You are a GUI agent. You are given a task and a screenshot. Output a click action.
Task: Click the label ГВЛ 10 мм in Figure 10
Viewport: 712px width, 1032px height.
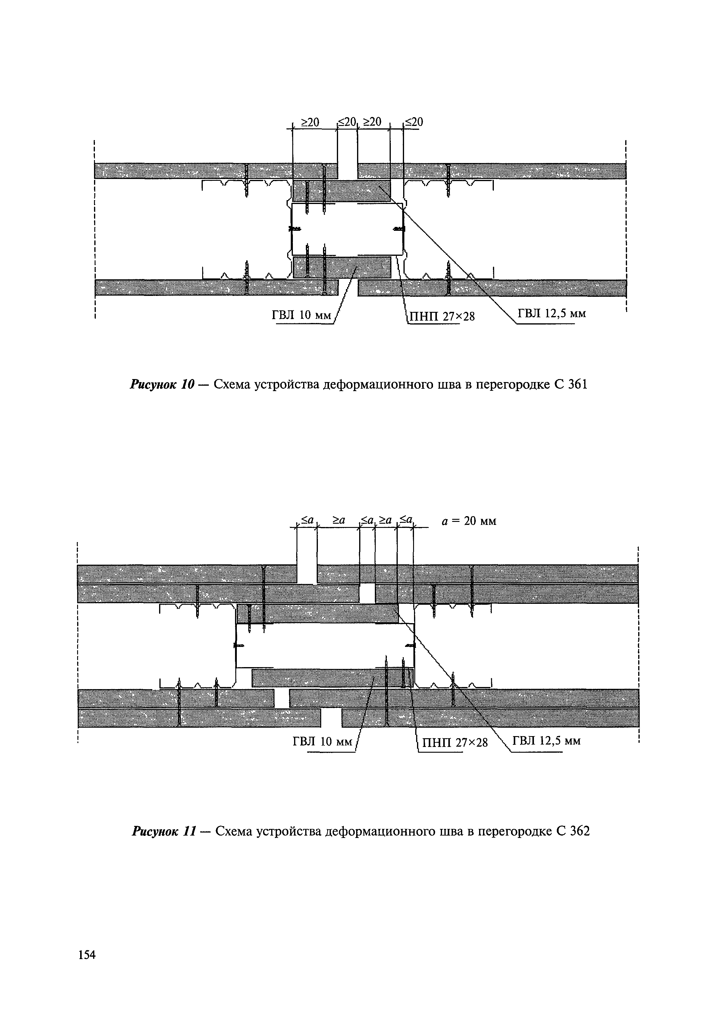tap(302, 315)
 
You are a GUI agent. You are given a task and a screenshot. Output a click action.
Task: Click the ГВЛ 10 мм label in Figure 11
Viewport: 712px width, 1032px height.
tap(322, 742)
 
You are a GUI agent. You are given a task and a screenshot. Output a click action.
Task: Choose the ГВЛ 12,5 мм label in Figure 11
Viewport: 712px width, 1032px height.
tap(547, 741)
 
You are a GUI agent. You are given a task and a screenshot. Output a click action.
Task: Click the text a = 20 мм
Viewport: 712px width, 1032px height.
tap(469, 521)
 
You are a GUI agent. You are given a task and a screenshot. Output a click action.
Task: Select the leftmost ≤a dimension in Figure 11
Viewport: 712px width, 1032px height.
tap(307, 519)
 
